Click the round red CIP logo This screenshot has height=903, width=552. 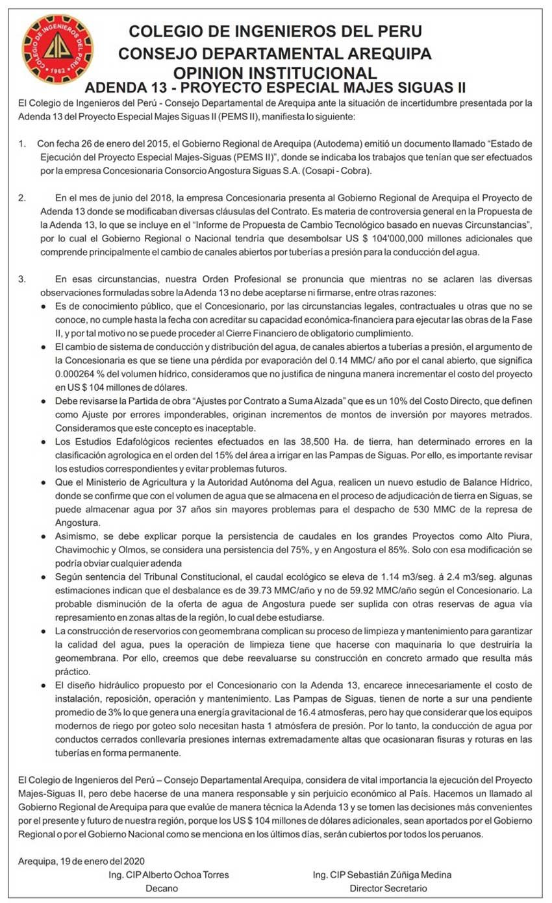coord(58,49)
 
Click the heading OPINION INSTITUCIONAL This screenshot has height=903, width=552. coord(275,73)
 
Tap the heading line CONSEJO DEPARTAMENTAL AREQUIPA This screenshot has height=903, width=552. coord(275,53)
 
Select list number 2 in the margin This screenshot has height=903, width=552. coord(22,197)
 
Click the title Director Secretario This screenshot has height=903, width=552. coord(388,888)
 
